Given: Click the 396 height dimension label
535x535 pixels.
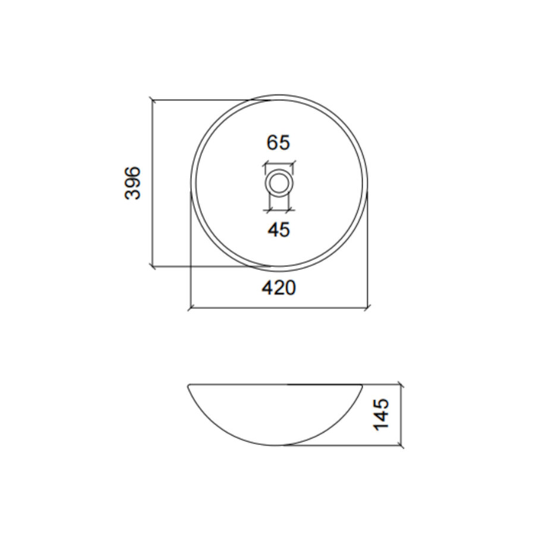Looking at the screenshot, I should (x=134, y=183).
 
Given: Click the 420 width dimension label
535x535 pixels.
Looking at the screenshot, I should (x=278, y=288).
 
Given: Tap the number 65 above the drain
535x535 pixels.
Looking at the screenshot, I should (x=278, y=143).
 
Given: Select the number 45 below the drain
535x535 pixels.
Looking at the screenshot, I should (x=278, y=229).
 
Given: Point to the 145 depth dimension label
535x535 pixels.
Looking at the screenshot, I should (x=382, y=414).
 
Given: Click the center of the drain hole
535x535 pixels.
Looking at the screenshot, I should (x=278, y=182).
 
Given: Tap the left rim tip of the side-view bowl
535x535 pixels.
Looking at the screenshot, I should (x=188, y=386).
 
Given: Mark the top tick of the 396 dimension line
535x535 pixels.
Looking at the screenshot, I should (x=153, y=100).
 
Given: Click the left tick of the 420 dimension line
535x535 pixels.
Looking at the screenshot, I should (x=190, y=308).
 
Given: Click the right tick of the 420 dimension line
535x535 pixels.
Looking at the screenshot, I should (x=368, y=308).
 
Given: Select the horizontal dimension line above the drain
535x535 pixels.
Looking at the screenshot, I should (x=278, y=164).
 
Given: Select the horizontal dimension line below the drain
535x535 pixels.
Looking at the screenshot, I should (x=278, y=209).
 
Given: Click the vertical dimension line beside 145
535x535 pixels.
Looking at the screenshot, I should (x=403, y=415).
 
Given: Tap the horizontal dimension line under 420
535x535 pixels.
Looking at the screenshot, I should (x=278, y=308).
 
